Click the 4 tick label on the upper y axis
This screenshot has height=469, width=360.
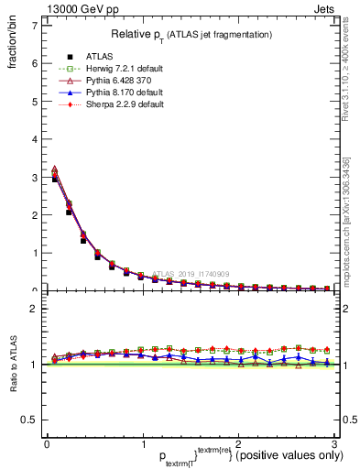click(x=34, y=139)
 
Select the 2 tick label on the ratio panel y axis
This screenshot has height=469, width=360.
click(x=34, y=309)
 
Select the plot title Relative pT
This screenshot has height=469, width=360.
click(x=191, y=34)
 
